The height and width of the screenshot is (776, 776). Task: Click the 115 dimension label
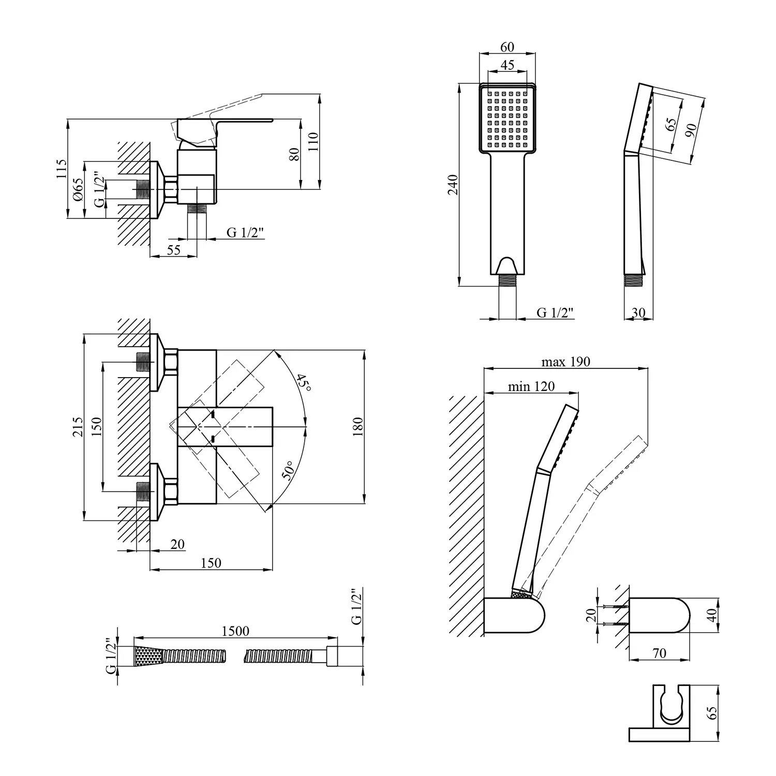(x=62, y=170)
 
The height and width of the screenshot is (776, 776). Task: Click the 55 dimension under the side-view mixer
(x=174, y=249)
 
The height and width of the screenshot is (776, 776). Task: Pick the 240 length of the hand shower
(x=453, y=185)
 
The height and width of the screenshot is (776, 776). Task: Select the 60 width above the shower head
(x=508, y=47)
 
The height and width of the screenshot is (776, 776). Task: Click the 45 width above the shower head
(x=508, y=65)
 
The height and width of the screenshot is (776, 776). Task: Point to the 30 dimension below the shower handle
(x=638, y=313)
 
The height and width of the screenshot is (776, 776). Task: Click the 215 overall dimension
(x=78, y=427)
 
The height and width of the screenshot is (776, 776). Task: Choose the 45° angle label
(x=303, y=383)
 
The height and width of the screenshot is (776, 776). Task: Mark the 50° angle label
(x=289, y=470)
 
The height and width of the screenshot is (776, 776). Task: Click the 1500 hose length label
(x=235, y=631)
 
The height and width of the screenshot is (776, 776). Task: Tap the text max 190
(x=565, y=362)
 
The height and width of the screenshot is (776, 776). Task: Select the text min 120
(x=531, y=386)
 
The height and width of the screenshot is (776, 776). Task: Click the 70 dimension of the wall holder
(x=660, y=653)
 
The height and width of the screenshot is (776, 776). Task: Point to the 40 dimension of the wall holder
(x=712, y=615)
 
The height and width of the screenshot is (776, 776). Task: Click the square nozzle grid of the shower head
(x=508, y=118)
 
